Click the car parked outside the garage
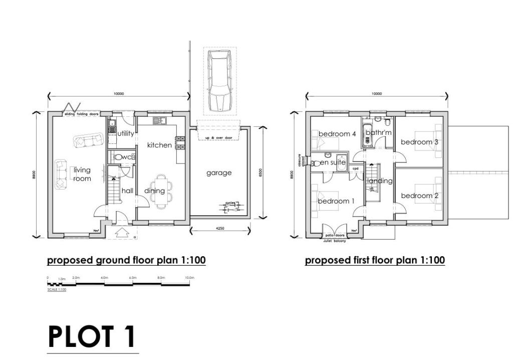coord(219,81)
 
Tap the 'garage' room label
coord(219,173)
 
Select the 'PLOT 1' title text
coord(92,336)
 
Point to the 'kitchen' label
coord(159,145)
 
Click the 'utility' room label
coord(125,134)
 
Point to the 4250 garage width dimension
coord(220,228)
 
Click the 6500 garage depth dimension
coord(260,172)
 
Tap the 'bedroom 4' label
coord(337,134)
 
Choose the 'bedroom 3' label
coord(419,142)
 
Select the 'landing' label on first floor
coord(380,181)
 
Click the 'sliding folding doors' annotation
coord(82,114)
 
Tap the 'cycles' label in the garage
coord(230,203)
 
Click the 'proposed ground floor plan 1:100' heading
coord(126,261)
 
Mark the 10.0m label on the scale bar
coord(189,278)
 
